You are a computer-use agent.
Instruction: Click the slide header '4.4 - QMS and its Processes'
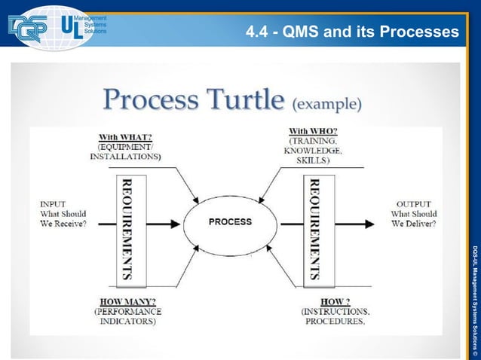[x=352, y=32]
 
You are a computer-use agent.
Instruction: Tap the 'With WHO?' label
[x=314, y=130]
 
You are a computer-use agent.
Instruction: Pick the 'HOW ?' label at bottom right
[x=334, y=301]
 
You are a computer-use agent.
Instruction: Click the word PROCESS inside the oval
[x=229, y=222]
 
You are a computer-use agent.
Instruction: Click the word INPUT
[x=54, y=203]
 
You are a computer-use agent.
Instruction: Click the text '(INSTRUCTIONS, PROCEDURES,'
[x=334, y=316]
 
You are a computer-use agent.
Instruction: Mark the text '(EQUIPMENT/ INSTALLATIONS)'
[x=125, y=152]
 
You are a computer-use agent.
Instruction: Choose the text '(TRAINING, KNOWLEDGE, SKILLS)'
[x=315, y=151]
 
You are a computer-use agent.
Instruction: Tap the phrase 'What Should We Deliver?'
[x=413, y=219]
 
